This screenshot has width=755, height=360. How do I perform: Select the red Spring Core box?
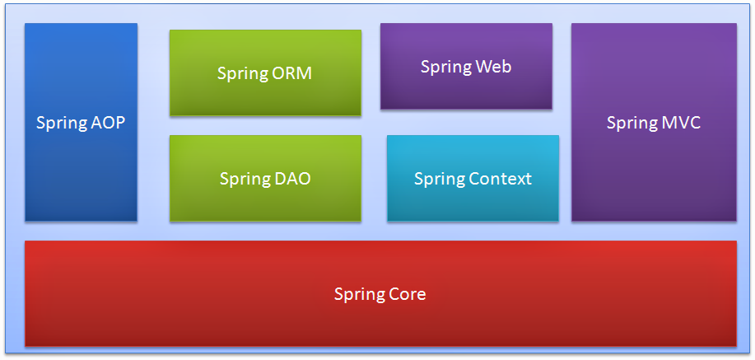coord(380,317)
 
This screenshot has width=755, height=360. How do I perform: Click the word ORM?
coord(291,73)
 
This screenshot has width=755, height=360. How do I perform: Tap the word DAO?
coord(291,179)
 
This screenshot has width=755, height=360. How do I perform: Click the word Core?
coord(407,294)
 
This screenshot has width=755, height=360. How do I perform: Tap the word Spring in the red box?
coord(358,294)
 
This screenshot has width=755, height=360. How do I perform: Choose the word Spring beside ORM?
coord(242,73)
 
